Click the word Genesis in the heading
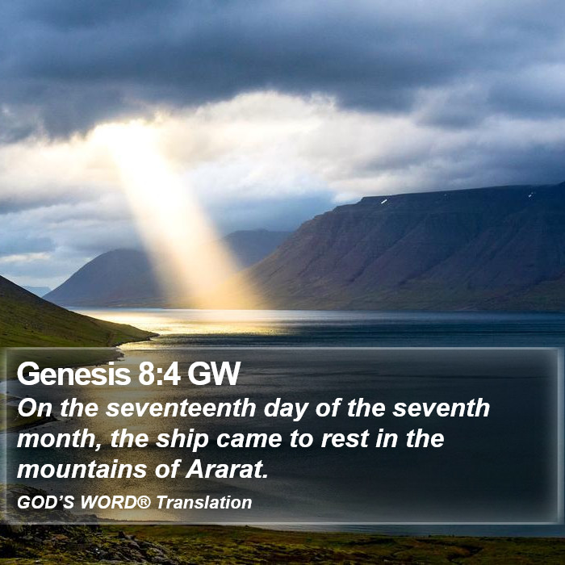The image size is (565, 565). (73, 373)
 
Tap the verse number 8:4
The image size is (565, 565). (159, 373)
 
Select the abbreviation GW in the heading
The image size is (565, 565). (214, 373)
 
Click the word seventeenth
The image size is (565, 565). (181, 408)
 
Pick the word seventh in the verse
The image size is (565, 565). (441, 408)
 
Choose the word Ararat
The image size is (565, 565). (227, 470)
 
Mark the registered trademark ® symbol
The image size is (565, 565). (144, 501)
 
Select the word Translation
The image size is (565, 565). (204, 502)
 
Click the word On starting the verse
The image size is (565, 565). (35, 408)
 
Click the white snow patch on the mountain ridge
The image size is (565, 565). (384, 202)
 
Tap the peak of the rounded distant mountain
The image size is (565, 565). (123, 249)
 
